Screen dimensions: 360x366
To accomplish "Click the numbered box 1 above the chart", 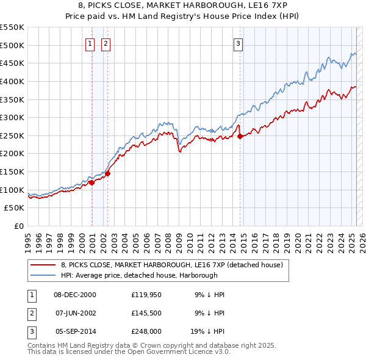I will coord(90,43).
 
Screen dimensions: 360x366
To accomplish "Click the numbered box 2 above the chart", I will coord(106,43).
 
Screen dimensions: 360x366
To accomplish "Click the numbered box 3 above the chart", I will coord(237,43).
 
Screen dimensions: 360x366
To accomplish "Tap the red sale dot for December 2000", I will coord(91,182).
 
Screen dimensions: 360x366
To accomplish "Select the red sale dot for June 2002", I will coord(107,173).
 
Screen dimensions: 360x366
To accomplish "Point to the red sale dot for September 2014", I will coord(240,136).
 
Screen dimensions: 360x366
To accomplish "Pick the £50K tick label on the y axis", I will coord(15,208).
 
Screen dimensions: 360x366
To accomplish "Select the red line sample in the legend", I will coord(43,265).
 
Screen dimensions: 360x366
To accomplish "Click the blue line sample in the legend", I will coord(43,275).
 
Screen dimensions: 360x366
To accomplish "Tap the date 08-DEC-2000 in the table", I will coord(75,295).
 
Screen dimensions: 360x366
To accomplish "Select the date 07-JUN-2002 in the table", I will coord(75,312).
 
